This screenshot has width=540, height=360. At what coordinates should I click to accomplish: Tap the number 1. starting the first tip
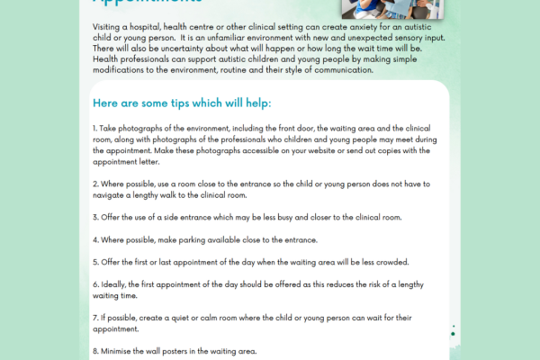(95, 130)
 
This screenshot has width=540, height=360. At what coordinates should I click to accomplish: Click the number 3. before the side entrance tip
(95, 217)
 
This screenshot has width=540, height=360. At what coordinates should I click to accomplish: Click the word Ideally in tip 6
(115, 284)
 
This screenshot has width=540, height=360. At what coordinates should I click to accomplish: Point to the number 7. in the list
(95, 318)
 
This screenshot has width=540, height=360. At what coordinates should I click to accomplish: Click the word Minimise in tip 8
(118, 351)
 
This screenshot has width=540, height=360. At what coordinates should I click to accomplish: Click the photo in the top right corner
(392, 8)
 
